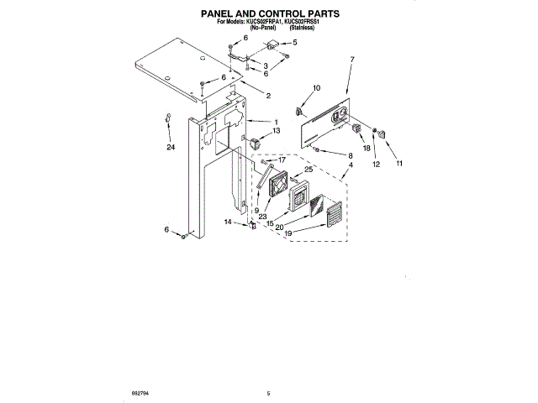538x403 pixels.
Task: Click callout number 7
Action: tap(353, 59)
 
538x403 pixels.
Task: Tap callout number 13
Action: tap(277, 131)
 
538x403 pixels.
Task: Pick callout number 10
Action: tap(317, 87)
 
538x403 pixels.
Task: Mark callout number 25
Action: tap(308, 170)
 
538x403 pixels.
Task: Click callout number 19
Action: tap(290, 234)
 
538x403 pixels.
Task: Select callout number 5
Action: tap(294, 42)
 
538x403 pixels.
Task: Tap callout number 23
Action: tap(263, 216)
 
